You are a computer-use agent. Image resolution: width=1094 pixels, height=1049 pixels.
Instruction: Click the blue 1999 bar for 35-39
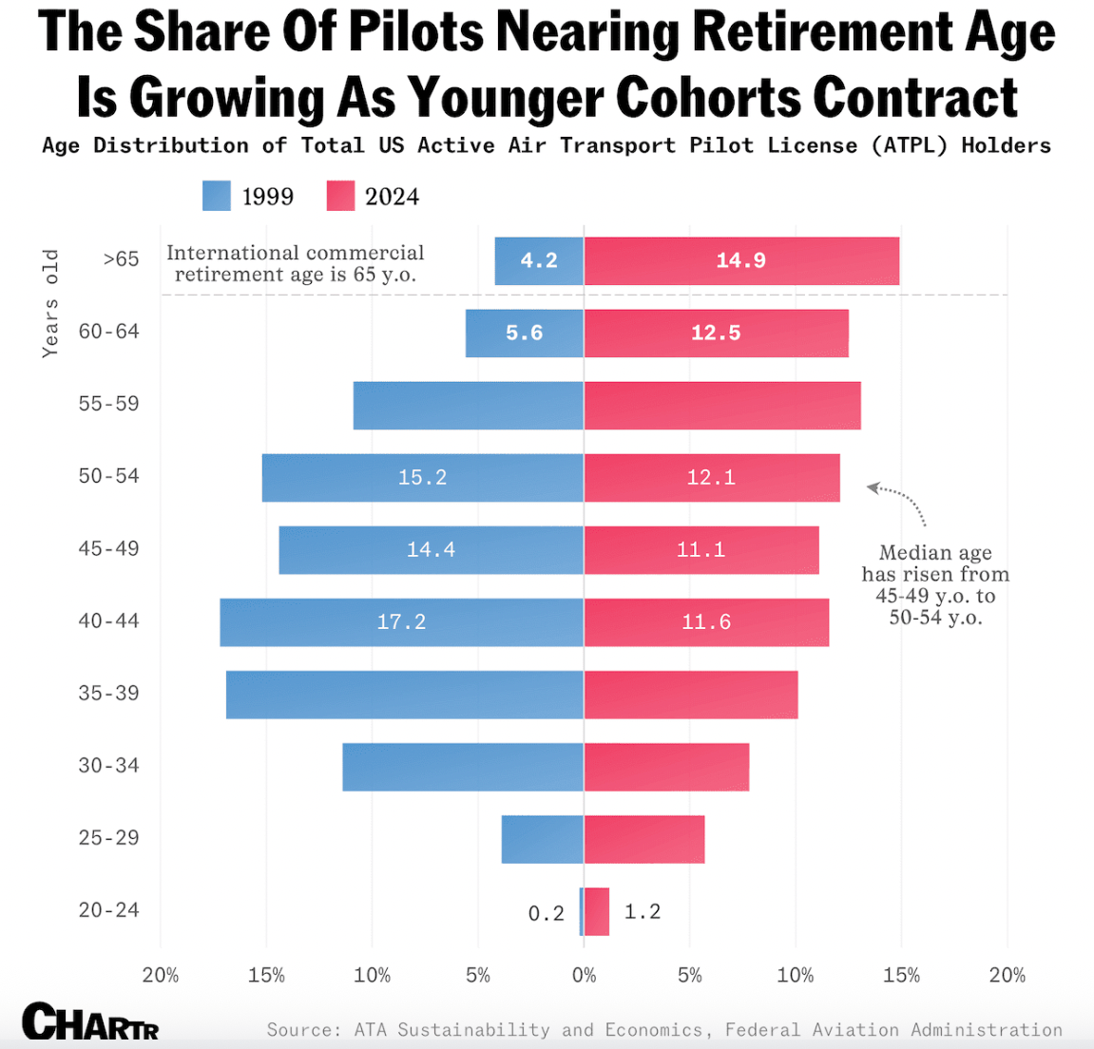coord(404,695)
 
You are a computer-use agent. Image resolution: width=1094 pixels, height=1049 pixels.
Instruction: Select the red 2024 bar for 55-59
coord(721,406)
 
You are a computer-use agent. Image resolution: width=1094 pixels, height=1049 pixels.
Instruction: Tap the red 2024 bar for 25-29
coord(644,839)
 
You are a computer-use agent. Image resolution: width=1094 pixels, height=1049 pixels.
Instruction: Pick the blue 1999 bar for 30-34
coord(463,767)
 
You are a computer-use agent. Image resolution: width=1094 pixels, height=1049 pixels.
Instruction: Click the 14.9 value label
coord(740,260)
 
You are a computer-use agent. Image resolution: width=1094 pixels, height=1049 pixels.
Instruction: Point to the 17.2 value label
coord(401,621)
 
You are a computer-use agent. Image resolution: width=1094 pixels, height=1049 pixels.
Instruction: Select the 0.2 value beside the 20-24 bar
coord(546,913)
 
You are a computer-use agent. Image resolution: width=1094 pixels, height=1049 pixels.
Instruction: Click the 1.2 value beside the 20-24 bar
coord(642,911)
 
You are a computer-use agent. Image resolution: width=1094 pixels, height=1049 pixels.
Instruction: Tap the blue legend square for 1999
coord(217,196)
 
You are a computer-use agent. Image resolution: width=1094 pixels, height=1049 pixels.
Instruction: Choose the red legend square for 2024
coord(340,196)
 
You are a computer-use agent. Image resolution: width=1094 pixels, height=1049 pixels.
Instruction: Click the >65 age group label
coord(121,258)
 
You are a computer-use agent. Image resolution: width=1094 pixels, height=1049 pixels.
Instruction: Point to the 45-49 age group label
coord(108,548)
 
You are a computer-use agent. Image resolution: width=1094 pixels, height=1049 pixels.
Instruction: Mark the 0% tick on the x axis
coord(584,975)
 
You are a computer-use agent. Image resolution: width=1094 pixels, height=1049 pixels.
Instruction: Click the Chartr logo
coord(90,1022)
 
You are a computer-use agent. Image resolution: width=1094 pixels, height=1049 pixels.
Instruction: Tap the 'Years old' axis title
coord(50,303)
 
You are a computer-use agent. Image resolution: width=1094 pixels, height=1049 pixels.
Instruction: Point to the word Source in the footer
coord(300,1030)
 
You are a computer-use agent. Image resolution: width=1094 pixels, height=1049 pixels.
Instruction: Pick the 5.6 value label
coord(524,333)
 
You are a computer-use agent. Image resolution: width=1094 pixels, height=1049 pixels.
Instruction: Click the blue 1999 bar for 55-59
coord(468,406)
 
